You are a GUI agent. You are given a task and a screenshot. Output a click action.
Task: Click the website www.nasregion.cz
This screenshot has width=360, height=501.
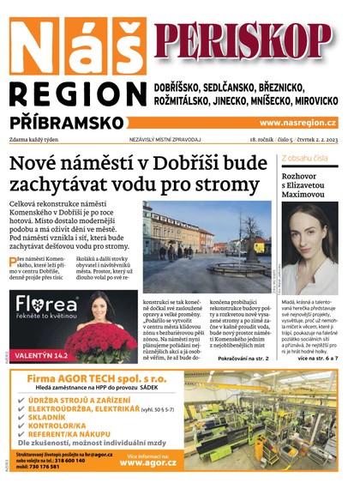tap(298, 123)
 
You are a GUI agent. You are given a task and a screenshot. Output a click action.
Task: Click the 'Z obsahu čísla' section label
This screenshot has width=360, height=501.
tap(304, 159)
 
